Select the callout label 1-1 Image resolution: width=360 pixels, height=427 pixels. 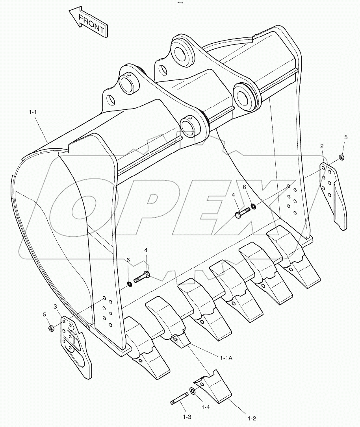pos(33,113)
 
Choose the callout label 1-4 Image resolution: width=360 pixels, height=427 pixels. pos(206,407)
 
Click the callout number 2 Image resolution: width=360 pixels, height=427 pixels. pos(322,146)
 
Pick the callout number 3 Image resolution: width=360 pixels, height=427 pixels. pos(56,306)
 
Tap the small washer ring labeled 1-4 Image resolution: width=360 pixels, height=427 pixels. pos(193,391)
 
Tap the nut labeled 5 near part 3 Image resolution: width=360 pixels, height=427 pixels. pos(51,327)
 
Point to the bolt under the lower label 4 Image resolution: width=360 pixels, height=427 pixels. pos(142,277)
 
